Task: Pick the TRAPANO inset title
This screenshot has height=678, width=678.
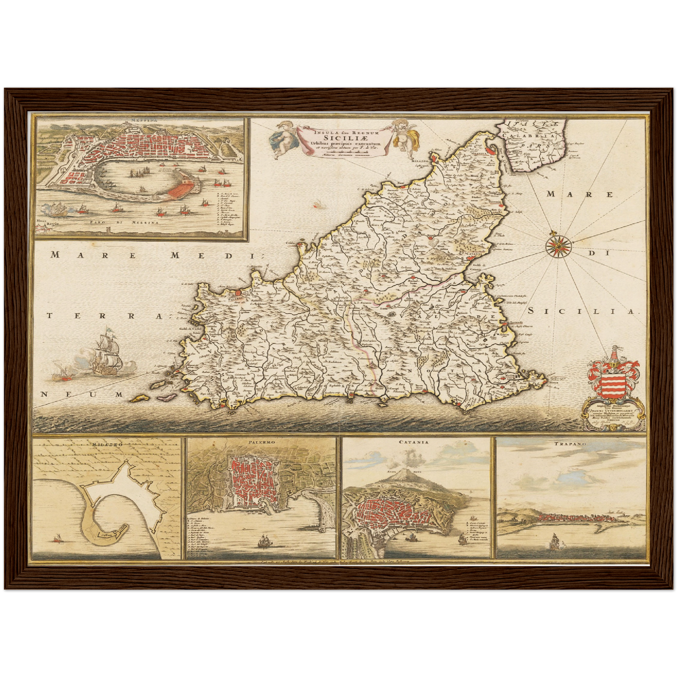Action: point(571,442)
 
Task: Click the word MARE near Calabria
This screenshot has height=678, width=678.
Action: point(580,194)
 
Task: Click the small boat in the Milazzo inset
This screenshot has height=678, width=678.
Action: point(58,539)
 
